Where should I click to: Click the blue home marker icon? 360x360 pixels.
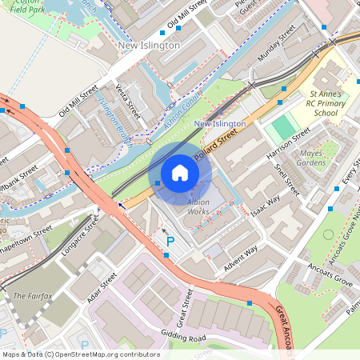180,173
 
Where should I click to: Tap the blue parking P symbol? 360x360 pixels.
169,240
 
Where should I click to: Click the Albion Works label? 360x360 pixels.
198,207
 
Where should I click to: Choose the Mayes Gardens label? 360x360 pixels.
334,158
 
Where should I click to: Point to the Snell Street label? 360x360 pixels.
286,181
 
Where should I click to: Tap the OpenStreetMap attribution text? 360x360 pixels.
80,354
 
